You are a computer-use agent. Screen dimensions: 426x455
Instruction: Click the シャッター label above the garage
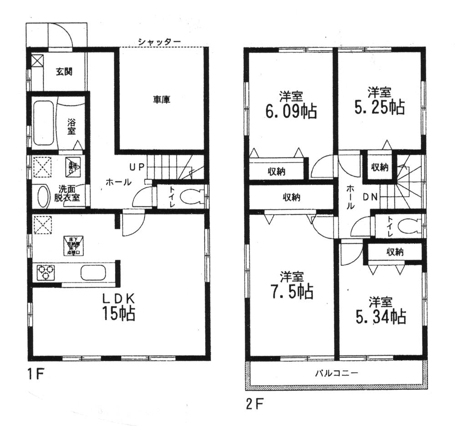click(160, 42)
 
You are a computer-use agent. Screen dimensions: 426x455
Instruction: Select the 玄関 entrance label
click(65, 72)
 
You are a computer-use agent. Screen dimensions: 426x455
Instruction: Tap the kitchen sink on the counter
click(93, 273)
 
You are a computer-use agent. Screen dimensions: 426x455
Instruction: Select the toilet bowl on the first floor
click(191, 197)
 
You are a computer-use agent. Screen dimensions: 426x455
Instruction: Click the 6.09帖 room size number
click(291, 112)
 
